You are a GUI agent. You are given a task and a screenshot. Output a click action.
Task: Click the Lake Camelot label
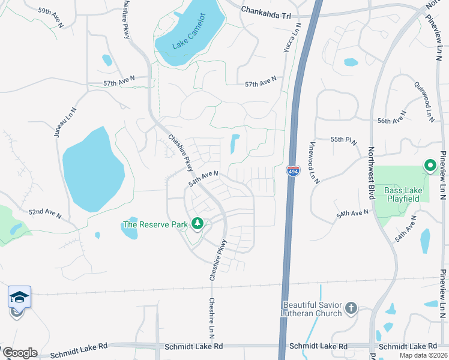click(x=188, y=40)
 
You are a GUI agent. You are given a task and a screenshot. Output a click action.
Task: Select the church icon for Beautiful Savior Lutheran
click(x=351, y=309)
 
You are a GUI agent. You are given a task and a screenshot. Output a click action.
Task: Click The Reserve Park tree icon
click(x=197, y=224)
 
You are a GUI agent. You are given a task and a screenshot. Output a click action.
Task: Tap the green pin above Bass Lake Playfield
click(x=430, y=165)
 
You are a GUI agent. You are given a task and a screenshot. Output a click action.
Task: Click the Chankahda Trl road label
click(x=265, y=10)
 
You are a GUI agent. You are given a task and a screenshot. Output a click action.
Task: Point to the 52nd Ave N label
click(x=45, y=213)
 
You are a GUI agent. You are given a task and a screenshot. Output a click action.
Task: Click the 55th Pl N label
click(x=343, y=140)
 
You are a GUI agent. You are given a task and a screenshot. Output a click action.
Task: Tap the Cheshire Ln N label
click(x=211, y=318)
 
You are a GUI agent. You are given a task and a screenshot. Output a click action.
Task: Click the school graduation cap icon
click(x=19, y=296)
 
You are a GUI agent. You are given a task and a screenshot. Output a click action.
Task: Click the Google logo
click(x=19, y=353)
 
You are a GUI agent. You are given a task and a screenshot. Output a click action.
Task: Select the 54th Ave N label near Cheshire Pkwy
click(x=203, y=178)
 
